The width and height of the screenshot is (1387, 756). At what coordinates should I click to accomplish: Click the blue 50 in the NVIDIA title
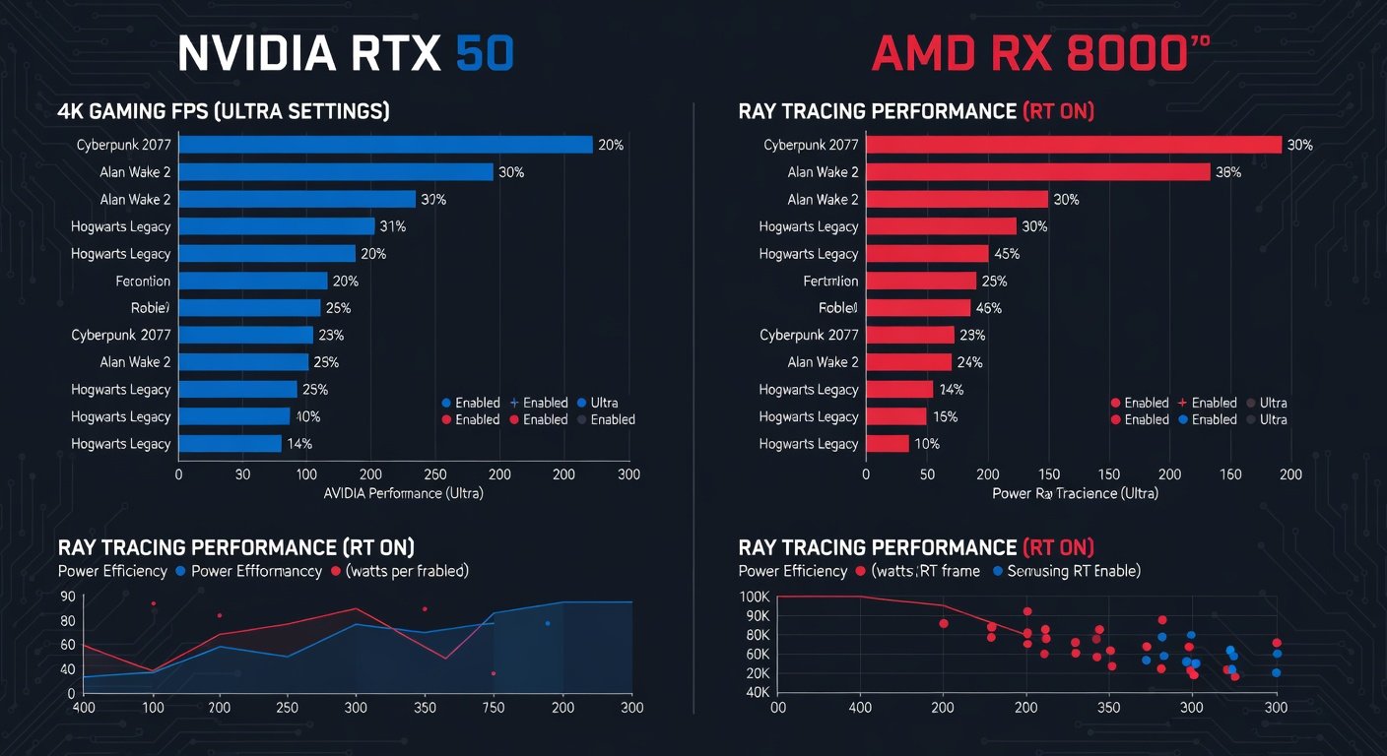pos(485,55)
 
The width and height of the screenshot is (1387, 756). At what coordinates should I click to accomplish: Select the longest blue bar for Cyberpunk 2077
pos(385,145)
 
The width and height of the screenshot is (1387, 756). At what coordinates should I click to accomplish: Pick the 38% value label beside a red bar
pos(1228,172)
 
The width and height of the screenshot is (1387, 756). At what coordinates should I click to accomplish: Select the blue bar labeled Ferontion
pos(252,281)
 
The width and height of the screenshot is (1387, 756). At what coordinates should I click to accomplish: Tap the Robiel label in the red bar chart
pos(838,308)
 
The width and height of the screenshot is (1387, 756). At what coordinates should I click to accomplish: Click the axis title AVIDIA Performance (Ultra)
pos(404,493)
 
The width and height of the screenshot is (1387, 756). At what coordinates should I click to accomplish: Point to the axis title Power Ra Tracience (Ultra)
pos(1075,493)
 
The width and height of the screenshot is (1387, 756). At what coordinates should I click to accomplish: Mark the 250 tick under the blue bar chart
pos(435,474)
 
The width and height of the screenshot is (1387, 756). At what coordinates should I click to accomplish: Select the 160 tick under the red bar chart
pos(1229,474)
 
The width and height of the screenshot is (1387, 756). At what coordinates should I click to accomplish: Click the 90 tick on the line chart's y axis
pos(67,596)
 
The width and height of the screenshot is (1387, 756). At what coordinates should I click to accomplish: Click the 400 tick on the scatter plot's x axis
pos(861,708)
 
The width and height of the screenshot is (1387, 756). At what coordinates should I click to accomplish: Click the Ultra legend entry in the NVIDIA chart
pos(604,403)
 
